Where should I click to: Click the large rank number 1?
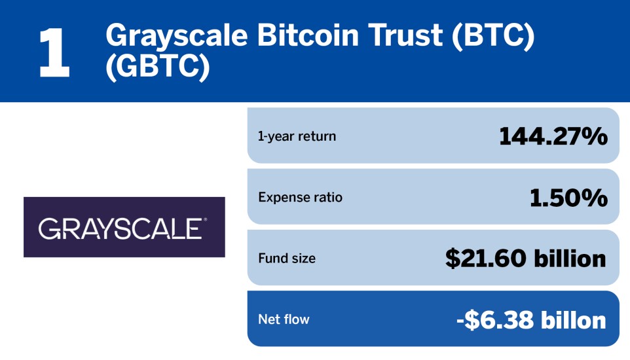(54, 52)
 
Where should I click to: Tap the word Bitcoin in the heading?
(308, 35)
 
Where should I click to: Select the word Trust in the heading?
(405, 35)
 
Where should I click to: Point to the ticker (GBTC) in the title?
(157, 66)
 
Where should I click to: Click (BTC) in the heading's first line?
(493, 36)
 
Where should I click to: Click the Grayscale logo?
(124, 227)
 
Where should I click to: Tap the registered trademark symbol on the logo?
(206, 220)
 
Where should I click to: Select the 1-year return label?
(297, 137)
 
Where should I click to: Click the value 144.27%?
(553, 136)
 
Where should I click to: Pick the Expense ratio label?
(300, 197)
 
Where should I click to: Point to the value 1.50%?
(568, 198)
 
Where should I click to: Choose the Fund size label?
(287, 259)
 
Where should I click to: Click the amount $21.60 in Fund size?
(485, 259)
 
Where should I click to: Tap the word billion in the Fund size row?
(570, 258)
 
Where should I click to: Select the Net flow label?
(284, 319)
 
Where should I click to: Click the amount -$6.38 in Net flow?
(494, 320)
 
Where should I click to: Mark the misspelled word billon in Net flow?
(573, 320)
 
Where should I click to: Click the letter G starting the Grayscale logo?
(48, 228)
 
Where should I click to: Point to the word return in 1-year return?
(316, 137)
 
